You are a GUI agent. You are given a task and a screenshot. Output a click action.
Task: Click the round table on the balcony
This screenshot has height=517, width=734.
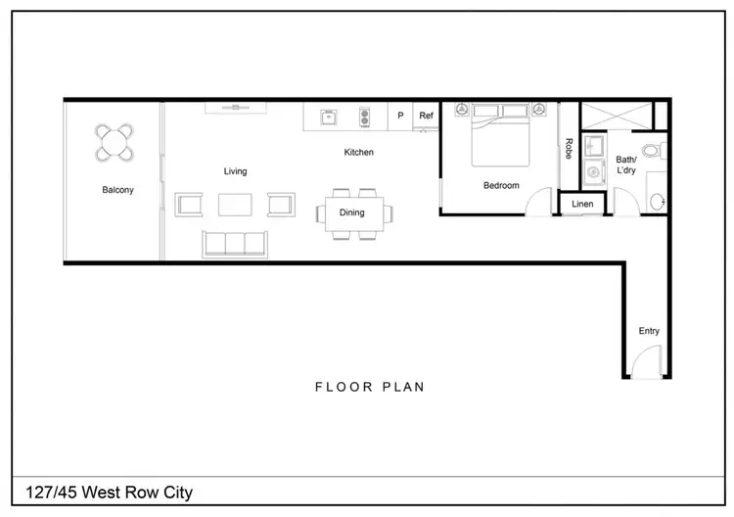point(115,144)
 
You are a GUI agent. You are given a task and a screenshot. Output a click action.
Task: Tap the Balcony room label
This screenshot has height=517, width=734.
point(117,190)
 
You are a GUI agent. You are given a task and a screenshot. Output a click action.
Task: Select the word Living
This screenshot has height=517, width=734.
point(235,171)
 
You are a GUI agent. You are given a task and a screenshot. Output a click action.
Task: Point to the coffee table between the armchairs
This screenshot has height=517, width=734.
point(235,205)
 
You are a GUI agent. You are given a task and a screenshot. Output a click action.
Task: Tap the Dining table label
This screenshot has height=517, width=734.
point(351,212)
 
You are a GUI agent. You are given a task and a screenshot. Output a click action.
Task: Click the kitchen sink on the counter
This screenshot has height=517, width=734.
point(328,117)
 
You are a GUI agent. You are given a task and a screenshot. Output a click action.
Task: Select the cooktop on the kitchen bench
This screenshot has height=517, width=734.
point(365,117)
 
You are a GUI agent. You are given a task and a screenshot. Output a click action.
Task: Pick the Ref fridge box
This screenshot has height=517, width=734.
point(426,116)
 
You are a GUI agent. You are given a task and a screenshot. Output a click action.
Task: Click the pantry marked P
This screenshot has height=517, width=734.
point(400,116)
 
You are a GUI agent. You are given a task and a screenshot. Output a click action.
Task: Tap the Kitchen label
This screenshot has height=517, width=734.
point(358,153)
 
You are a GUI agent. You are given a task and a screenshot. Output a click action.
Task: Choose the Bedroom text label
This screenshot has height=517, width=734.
point(501,185)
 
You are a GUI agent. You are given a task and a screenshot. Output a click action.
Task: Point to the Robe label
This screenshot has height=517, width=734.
point(569,149)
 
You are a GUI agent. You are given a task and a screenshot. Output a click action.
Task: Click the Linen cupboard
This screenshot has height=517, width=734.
point(582,204)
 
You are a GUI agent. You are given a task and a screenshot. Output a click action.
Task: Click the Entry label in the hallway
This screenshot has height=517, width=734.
point(649,331)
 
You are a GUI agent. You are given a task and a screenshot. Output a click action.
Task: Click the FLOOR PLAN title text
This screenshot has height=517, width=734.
point(369,387)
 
